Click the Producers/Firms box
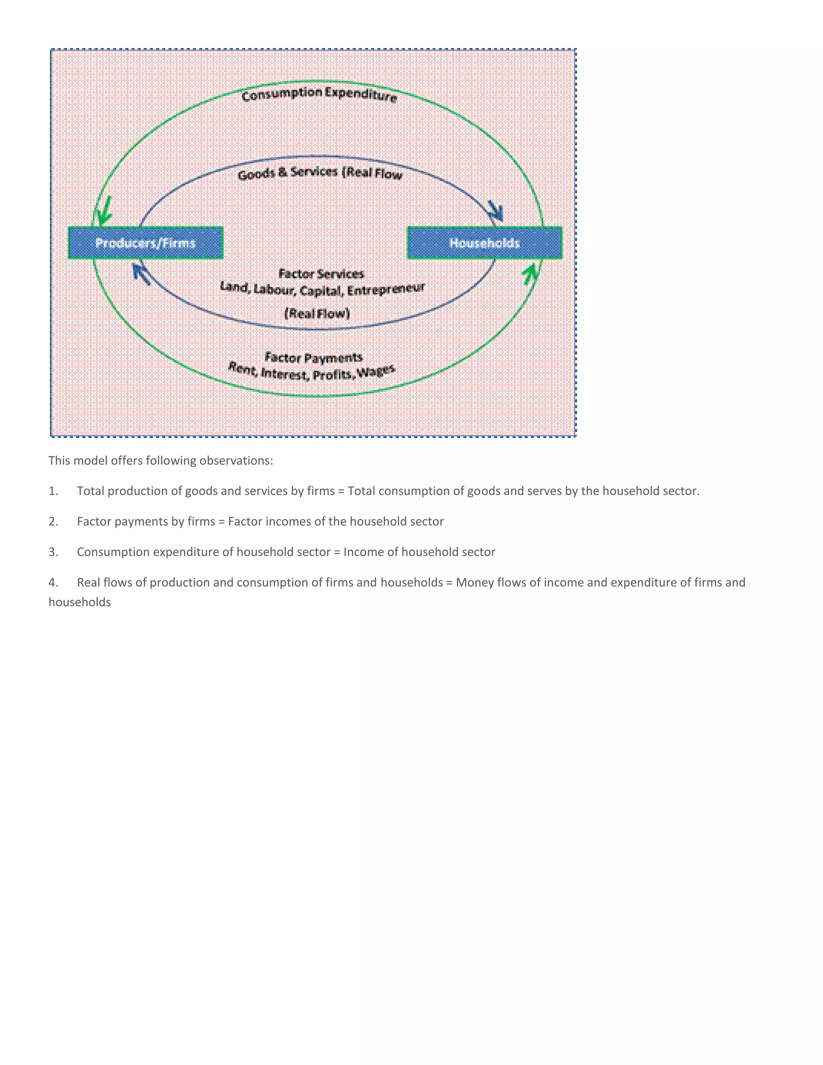(146, 243)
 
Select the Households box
(485, 243)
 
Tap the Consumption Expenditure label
(319, 94)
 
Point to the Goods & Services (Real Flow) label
(320, 173)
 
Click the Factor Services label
(321, 274)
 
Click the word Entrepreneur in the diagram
(386, 290)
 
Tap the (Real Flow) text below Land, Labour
(317, 313)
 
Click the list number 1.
(53, 491)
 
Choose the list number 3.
(53, 552)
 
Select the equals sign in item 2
(221, 522)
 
